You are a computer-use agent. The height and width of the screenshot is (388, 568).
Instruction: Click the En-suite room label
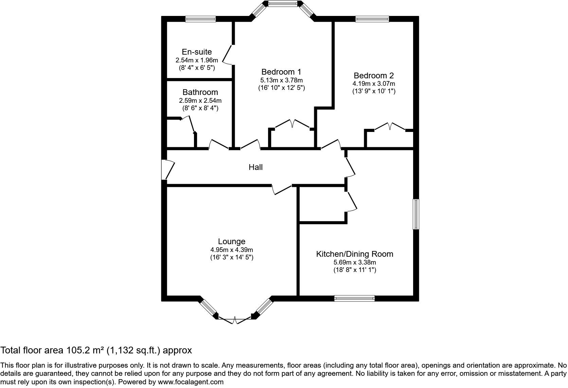(x=197, y=52)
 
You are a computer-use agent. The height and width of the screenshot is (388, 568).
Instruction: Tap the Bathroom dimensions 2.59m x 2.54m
(x=200, y=101)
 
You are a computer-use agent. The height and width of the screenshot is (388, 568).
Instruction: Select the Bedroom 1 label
(x=281, y=72)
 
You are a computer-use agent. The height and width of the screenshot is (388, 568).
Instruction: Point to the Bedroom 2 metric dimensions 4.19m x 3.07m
(x=374, y=84)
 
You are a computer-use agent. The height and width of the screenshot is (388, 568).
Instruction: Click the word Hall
(x=255, y=167)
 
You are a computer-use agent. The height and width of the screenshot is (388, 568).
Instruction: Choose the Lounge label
(x=231, y=241)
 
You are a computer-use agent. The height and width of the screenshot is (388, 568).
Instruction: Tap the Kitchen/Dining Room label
(x=355, y=254)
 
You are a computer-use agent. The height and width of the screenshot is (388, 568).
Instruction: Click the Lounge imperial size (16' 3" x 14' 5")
(x=231, y=257)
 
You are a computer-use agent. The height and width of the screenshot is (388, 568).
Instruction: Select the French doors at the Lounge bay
(x=235, y=320)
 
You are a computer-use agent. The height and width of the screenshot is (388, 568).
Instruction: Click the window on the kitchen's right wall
(x=416, y=214)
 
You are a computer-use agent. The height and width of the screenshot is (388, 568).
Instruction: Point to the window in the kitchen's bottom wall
(x=354, y=298)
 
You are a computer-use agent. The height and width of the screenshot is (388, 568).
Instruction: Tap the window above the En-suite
(x=200, y=19)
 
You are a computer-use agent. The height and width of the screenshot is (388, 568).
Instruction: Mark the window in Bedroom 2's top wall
(x=372, y=19)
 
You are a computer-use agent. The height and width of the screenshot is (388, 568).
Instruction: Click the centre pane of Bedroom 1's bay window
(x=283, y=3)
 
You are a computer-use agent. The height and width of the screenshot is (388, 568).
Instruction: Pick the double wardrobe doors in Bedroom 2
(x=390, y=127)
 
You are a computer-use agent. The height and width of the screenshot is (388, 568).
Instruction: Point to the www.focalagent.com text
(x=191, y=382)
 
